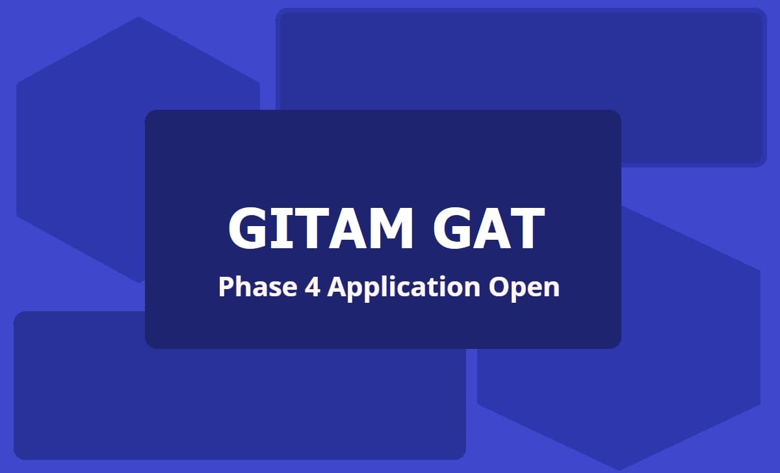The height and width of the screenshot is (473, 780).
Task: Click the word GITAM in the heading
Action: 320,229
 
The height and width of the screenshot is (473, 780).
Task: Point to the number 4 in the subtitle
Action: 309,287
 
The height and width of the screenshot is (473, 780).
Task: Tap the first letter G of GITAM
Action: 250,229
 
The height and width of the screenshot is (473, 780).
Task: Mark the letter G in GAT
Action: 452,229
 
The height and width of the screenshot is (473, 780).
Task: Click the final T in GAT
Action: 523,229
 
